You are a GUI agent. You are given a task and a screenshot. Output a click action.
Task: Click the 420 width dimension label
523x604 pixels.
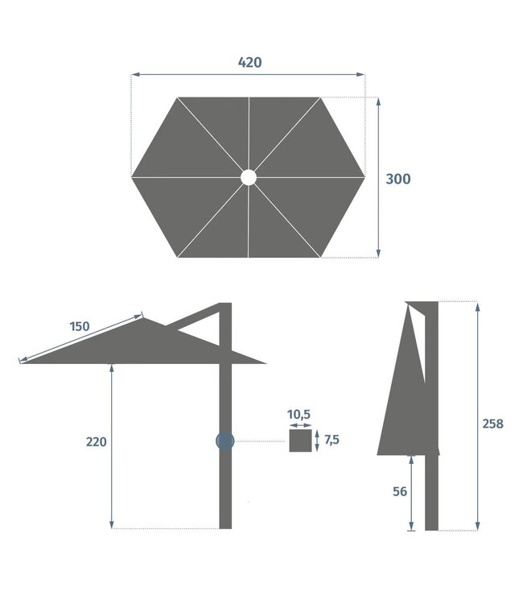249,62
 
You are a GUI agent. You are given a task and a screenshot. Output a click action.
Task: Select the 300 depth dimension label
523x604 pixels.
397,179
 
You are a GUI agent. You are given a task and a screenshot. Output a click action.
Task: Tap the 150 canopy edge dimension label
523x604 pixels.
79,327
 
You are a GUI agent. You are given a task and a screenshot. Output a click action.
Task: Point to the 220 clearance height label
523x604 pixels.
97,441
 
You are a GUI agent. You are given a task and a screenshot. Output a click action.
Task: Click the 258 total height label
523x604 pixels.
492,424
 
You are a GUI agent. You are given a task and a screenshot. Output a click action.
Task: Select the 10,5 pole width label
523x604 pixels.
299,414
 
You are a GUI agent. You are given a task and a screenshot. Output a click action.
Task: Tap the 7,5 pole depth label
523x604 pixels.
332,440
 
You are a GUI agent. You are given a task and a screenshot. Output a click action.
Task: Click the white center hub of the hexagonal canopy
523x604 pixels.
248,176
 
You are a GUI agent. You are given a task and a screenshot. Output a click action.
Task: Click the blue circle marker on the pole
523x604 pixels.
224,441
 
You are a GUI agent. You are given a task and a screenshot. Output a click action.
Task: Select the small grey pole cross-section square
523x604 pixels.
300,441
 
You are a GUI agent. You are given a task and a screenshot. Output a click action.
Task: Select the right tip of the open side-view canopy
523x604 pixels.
264,363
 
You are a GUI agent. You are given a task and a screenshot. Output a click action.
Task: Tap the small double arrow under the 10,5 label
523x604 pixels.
299,424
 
